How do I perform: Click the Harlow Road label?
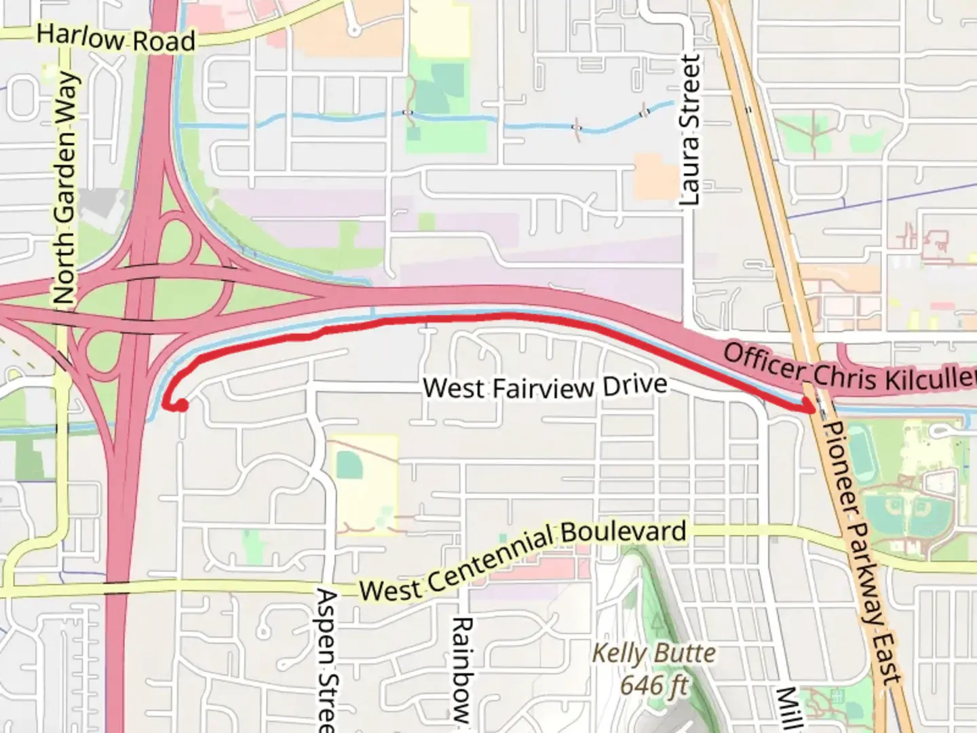click(116, 38)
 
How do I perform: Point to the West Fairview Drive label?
click(545, 387)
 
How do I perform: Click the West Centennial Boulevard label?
click(522, 560)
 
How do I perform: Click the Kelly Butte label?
click(654, 653)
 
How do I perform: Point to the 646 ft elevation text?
click(654, 685)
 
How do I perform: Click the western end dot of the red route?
click(181, 405)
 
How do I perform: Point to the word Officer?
click(764, 362)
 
